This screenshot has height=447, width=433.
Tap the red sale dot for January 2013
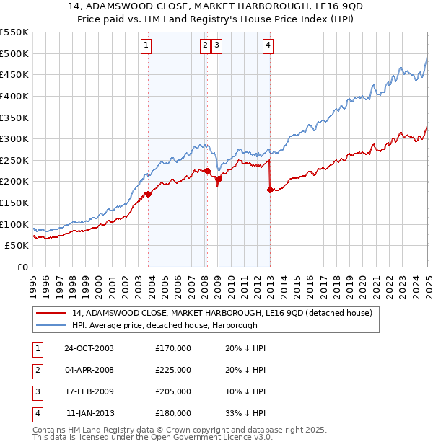click(270, 190)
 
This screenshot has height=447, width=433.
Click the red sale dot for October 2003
click(149, 194)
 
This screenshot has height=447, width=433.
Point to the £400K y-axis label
click(14, 96)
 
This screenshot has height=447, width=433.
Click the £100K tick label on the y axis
click(14, 224)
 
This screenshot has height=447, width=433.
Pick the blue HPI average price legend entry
click(174, 325)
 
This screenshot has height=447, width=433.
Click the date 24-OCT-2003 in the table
click(89, 348)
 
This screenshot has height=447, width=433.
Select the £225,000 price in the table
click(173, 370)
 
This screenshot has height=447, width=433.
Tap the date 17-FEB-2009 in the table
click(89, 391)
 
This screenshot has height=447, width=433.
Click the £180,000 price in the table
click(173, 413)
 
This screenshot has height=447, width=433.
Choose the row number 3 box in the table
click(36, 391)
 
